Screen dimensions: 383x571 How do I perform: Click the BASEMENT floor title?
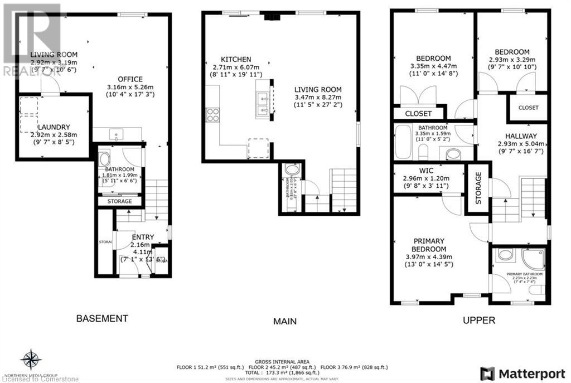pos(102,318)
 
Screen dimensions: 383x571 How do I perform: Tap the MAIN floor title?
pos(284,321)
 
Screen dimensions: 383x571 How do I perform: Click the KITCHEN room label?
pos(236,59)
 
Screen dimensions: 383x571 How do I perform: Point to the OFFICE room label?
pos(130,79)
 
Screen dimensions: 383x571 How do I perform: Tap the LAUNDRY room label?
pos(54,127)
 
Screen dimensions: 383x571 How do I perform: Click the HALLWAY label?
pos(521,136)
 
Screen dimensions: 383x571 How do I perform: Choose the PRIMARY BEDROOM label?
pos(429,245)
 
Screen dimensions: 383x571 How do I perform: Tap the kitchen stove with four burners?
pos(212,115)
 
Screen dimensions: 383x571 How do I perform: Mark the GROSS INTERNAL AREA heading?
pos(283,362)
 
